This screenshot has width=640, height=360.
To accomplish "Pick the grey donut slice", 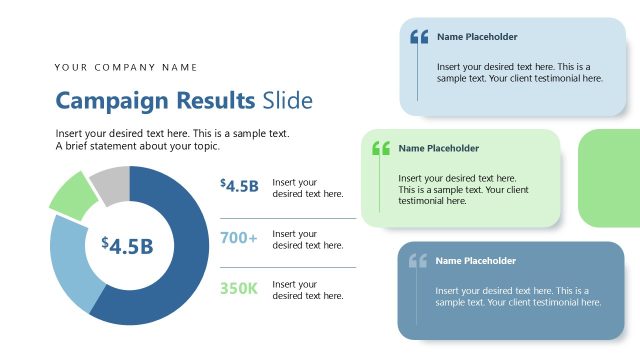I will point(111,182).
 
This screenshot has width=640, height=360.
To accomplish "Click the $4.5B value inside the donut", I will point(127,245).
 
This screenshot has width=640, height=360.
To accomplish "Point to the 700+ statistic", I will point(239,238).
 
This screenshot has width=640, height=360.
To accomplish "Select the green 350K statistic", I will point(239,289).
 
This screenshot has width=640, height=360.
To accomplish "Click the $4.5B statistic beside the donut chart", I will point(240,185).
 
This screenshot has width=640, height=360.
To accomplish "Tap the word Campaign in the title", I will point(112,101).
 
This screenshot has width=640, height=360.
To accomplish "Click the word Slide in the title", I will point(287,101).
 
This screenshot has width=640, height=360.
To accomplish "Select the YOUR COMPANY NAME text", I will point(126,67).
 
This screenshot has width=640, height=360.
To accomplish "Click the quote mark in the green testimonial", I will point(380,148).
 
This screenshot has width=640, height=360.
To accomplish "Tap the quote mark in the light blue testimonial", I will point(419,37).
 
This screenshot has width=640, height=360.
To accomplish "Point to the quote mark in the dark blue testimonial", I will point(417,261).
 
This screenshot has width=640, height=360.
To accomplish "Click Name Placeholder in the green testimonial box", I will point(438,148).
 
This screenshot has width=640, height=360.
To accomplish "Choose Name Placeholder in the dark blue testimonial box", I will point(475,261).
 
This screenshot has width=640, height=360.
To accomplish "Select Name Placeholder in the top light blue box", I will point(477,37).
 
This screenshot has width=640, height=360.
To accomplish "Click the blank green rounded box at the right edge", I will point(609,178).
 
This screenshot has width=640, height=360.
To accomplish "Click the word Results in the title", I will point(214,101).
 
